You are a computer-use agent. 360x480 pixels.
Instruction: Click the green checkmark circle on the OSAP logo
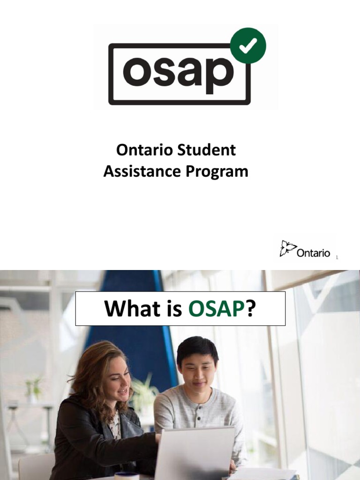point(248,45)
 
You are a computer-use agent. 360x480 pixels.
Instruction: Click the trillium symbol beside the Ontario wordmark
point(287,248)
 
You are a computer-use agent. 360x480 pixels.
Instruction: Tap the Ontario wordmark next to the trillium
point(314,253)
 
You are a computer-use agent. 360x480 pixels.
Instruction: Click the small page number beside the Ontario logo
point(337,257)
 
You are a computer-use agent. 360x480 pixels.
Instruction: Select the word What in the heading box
point(127,309)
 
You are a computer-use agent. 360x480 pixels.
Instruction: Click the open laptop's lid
point(194,452)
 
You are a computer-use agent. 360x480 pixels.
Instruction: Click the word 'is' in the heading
point(170,309)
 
